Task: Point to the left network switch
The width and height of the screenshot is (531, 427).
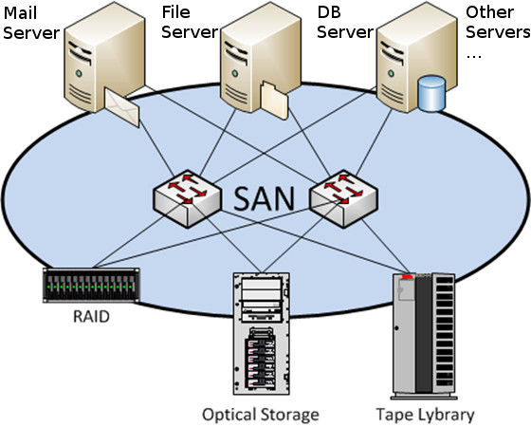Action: [x=186, y=197]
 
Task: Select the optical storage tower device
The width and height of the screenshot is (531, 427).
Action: [x=260, y=337]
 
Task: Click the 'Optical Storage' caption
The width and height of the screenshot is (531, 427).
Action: [x=260, y=415]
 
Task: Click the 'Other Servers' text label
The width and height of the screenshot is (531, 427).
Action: [x=497, y=24]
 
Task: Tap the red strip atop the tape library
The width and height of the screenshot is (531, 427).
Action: [x=409, y=276]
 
